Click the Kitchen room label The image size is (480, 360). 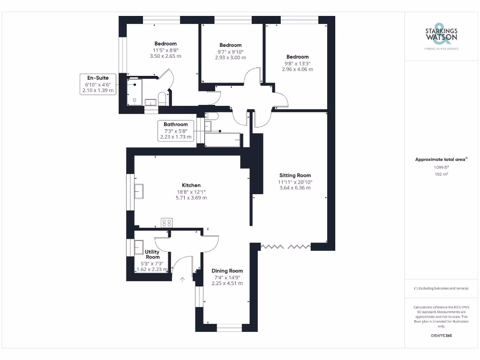click(191, 185)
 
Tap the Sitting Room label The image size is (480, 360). click(294, 176)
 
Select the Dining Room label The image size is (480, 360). click(227, 271)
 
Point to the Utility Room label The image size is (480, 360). click(152, 255)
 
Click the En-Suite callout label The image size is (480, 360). click(97, 77)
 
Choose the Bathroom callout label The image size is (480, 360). click(176, 124)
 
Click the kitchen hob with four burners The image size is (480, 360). click(166, 223)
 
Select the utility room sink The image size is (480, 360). click(139, 246)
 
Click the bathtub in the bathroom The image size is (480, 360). click(223, 140)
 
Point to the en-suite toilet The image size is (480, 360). click(162, 99)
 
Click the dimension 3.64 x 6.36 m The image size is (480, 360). click(294, 188)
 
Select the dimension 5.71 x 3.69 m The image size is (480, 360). click(191, 198)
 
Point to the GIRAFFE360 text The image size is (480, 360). click(441, 336)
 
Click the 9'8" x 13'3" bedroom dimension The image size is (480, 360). click(297, 63)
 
